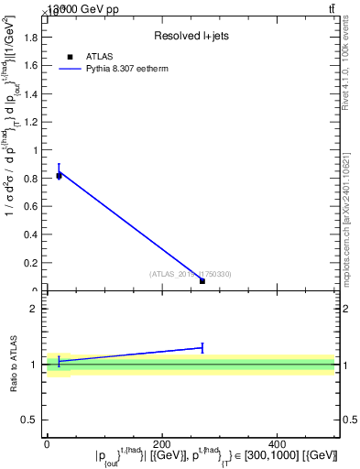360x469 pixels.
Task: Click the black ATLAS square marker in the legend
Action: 70,57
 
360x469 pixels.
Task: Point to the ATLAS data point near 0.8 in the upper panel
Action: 59,175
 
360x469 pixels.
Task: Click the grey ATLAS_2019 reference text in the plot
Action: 191,273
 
